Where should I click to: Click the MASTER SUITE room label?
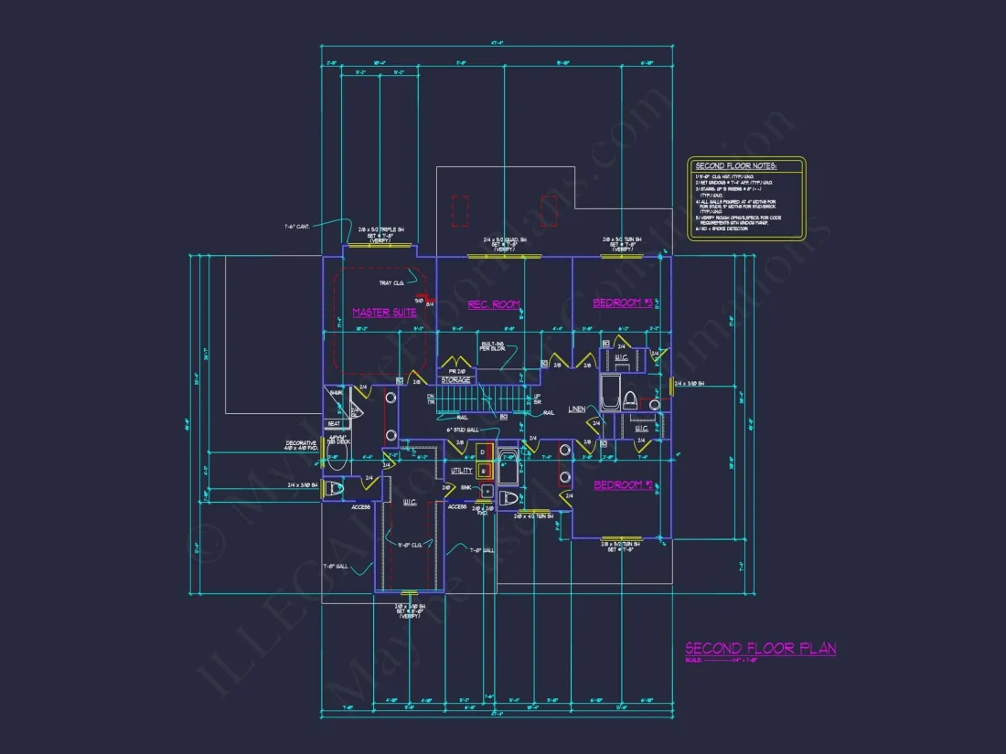point(384,313)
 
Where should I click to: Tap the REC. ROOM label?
point(494,304)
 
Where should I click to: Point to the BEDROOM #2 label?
point(623,485)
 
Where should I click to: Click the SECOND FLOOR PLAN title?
point(761,649)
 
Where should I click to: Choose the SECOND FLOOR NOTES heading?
point(735,166)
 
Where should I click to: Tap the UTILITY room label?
point(462,471)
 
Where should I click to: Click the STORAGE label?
point(455,380)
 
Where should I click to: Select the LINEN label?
point(577,409)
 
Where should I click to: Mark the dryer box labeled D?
point(482,451)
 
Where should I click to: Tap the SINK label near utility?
point(466,489)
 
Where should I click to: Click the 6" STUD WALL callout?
point(463,429)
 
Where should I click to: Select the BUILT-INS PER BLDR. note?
point(493,346)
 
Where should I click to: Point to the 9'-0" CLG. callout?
point(409,546)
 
